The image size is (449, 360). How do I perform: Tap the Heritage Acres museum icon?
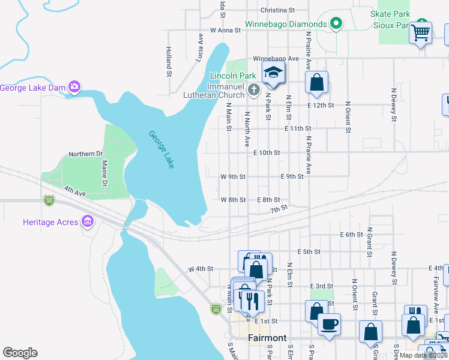pyautogui.click(x=88, y=222)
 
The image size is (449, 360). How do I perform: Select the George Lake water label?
pyautogui.click(x=161, y=149)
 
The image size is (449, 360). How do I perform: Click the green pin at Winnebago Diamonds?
pyautogui.click(x=336, y=25)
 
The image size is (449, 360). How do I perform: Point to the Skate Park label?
pyautogui.click(x=390, y=14)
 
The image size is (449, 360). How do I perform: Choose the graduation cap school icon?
pyautogui.click(x=273, y=73)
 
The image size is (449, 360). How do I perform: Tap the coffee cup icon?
pyautogui.click(x=328, y=325)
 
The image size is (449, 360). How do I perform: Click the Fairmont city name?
pyautogui.click(x=267, y=338)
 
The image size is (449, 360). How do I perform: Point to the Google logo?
pyautogui.click(x=20, y=353)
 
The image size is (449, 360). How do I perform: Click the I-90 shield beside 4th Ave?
pyautogui.click(x=49, y=200)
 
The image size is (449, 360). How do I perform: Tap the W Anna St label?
pyautogui.click(x=225, y=29)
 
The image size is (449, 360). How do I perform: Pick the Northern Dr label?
pyautogui.click(x=86, y=154)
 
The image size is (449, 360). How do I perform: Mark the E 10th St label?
pyautogui.click(x=267, y=153)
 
